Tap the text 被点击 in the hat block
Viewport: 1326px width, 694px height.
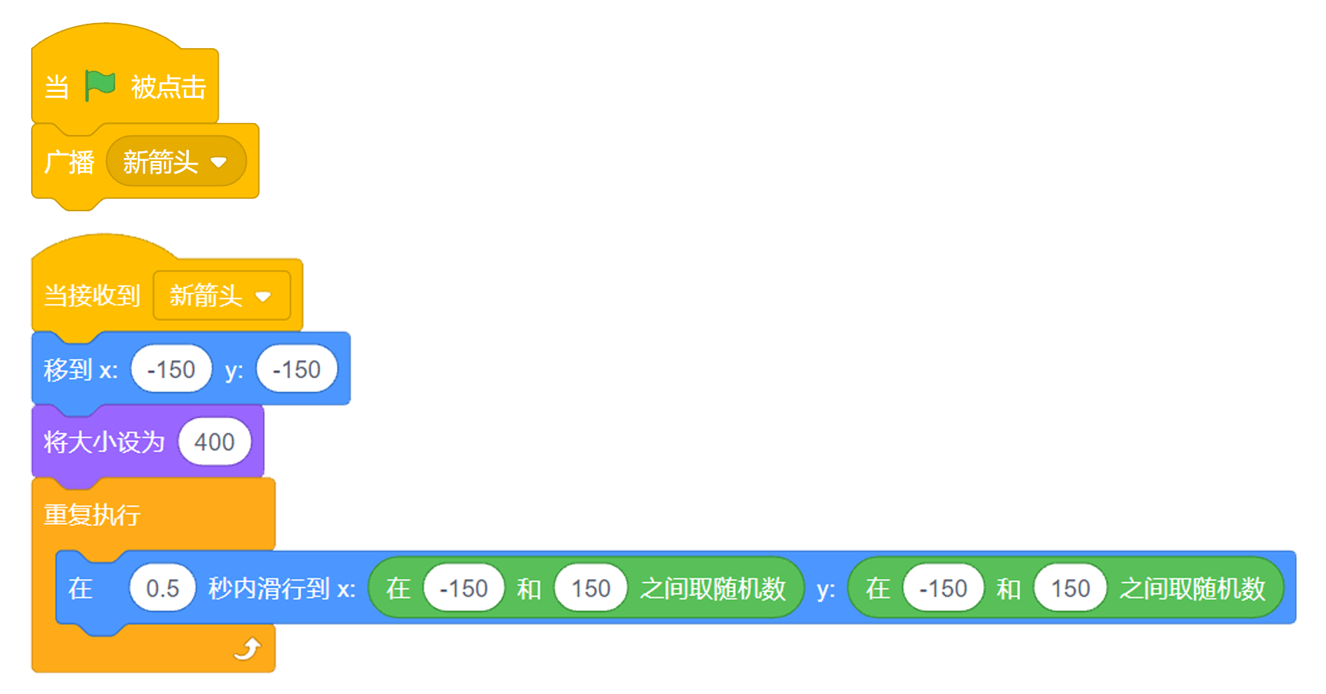tap(168, 87)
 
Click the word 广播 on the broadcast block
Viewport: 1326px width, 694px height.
tap(69, 162)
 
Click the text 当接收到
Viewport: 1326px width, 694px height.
tap(92, 296)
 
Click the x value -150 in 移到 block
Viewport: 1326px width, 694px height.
tap(171, 369)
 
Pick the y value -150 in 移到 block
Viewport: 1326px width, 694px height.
tap(296, 369)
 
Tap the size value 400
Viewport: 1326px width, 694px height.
tap(214, 442)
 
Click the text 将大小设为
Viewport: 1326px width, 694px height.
tap(104, 442)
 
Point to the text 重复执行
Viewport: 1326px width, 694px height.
tap(92, 515)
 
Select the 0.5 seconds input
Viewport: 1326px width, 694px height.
tap(162, 589)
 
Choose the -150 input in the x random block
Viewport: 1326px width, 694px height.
tap(464, 589)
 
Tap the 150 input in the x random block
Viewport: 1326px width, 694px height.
tap(591, 589)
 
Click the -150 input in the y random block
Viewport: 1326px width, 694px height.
tap(944, 589)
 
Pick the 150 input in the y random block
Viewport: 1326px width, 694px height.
tap(1070, 589)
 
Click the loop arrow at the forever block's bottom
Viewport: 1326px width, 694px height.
tap(248, 650)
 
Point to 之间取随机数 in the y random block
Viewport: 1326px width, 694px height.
tap(1193, 589)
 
